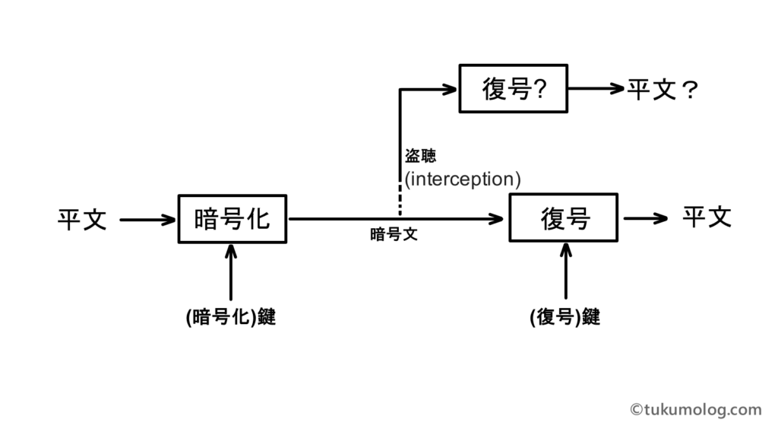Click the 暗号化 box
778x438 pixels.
click(232, 219)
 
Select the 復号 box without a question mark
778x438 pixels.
click(563, 218)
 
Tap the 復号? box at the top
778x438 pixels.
click(514, 89)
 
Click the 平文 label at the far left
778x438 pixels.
click(82, 221)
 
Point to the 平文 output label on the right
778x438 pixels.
click(706, 217)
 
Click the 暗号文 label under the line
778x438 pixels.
click(394, 235)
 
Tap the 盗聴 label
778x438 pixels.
click(420, 156)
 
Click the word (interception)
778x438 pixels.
click(462, 179)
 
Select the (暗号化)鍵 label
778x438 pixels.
click(230, 317)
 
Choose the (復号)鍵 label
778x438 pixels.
click(565, 317)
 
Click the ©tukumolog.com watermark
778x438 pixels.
click(695, 410)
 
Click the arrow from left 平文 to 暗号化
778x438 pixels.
click(147, 221)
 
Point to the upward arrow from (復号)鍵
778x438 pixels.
click(565, 270)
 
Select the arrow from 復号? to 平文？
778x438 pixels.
click(596, 89)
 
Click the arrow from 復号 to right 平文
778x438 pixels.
click(646, 219)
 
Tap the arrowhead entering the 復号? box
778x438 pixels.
click(449, 90)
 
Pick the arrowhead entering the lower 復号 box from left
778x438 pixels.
click(498, 219)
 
